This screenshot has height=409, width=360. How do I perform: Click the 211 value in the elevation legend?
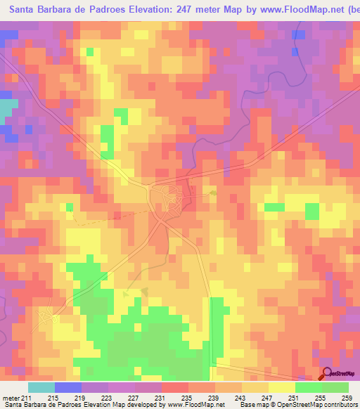coord(27,397)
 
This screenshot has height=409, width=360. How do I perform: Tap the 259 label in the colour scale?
coord(347,397)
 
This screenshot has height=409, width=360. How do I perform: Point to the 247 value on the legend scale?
coord(266,397)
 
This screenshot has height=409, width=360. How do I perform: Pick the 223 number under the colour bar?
coord(106,397)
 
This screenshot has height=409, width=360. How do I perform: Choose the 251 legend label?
coord(293,397)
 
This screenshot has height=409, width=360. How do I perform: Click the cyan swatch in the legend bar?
coord(41,387)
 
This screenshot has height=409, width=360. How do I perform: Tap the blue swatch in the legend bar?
coord(67,387)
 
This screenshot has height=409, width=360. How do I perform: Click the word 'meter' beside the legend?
coord(9,397)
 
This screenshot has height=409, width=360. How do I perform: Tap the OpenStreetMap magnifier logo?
coord(326,374)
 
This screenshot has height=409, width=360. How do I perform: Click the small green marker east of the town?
coord(213,192)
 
